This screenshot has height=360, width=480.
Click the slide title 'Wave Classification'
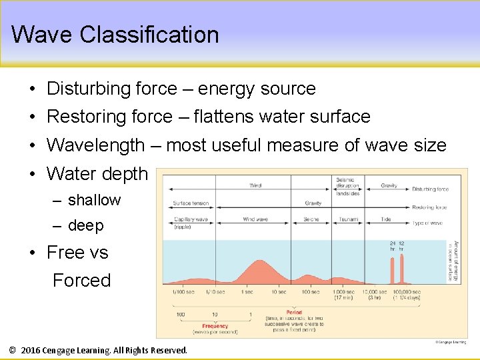pyautogui.click(x=115, y=35)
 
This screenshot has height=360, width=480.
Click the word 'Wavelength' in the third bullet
pyautogui.click(x=95, y=145)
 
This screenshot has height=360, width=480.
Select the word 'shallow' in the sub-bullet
pyautogui.click(x=94, y=200)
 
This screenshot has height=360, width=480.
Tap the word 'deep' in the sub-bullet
pyautogui.click(x=85, y=226)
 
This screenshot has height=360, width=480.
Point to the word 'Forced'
pyautogui.click(x=81, y=281)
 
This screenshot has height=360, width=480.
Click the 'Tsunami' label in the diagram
pyautogui.click(x=348, y=219)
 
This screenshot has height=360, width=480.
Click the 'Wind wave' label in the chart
pyautogui.click(x=255, y=219)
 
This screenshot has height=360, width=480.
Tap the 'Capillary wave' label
pyautogui.click(x=191, y=219)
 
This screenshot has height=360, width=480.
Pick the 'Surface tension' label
pyautogui.click(x=191, y=203)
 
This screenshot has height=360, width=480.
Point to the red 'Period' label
pyautogui.click(x=294, y=313)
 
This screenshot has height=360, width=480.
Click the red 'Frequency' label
pyautogui.click(x=215, y=326)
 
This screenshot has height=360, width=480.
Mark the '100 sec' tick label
pyautogui.click(x=310, y=293)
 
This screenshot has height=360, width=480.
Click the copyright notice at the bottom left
pyautogui.click(x=98, y=350)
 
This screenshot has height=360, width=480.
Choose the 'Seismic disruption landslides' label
pyautogui.click(x=347, y=186)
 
